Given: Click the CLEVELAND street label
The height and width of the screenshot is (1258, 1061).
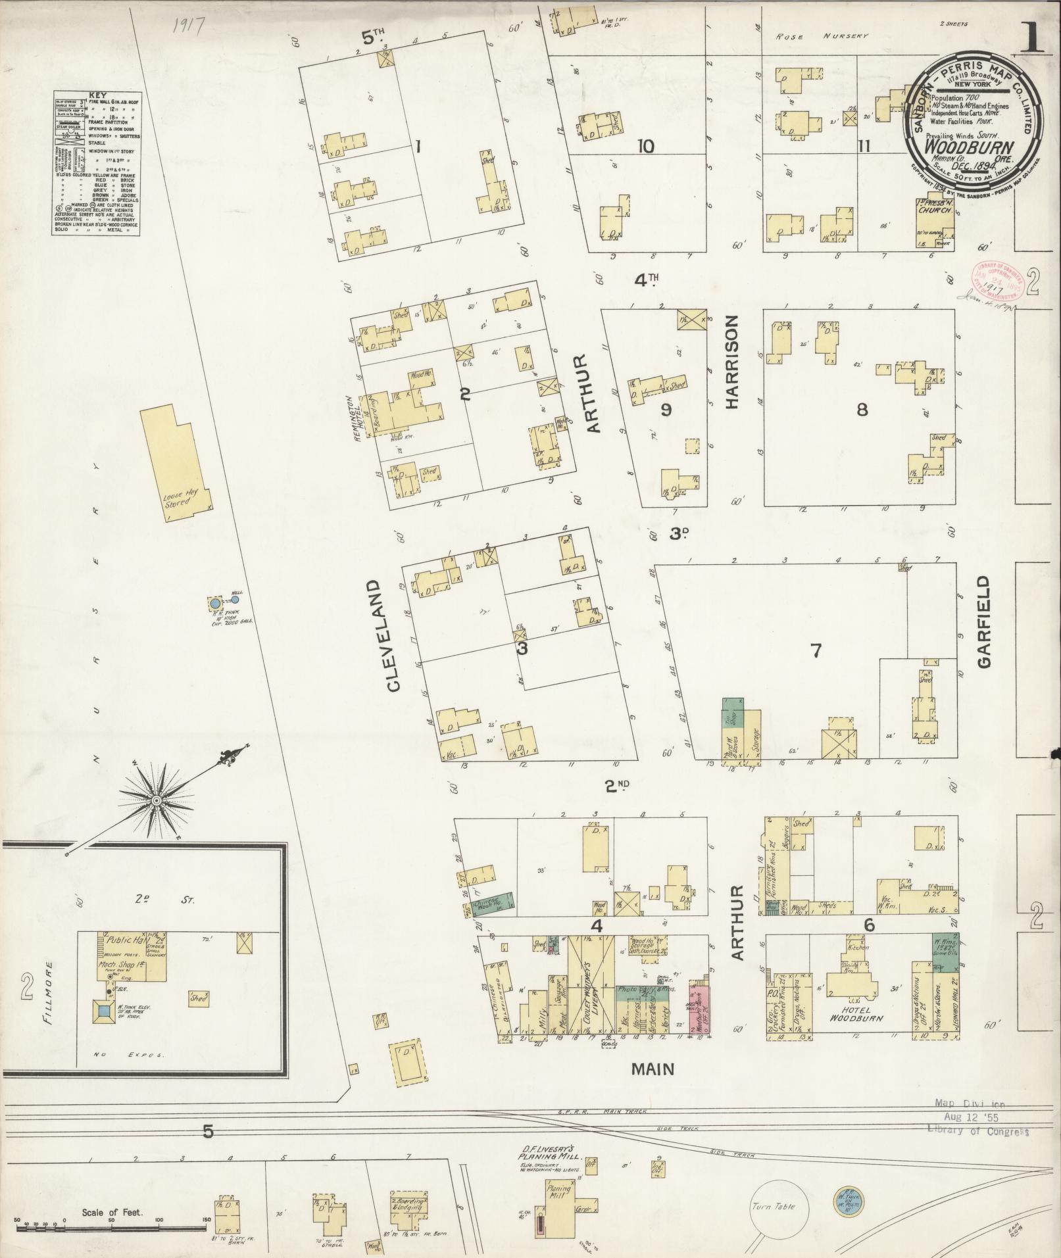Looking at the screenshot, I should [x=393, y=635].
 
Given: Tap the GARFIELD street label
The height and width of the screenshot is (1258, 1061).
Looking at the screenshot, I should [x=983, y=622].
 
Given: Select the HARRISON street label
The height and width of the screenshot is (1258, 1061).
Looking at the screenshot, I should [x=733, y=362].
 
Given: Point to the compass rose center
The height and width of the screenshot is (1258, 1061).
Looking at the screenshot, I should [x=157, y=800].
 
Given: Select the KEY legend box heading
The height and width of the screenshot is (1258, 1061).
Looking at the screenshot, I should [x=97, y=95].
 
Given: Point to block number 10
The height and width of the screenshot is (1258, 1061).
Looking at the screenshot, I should [x=645, y=146].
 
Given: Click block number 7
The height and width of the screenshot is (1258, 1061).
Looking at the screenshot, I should [x=816, y=651].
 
